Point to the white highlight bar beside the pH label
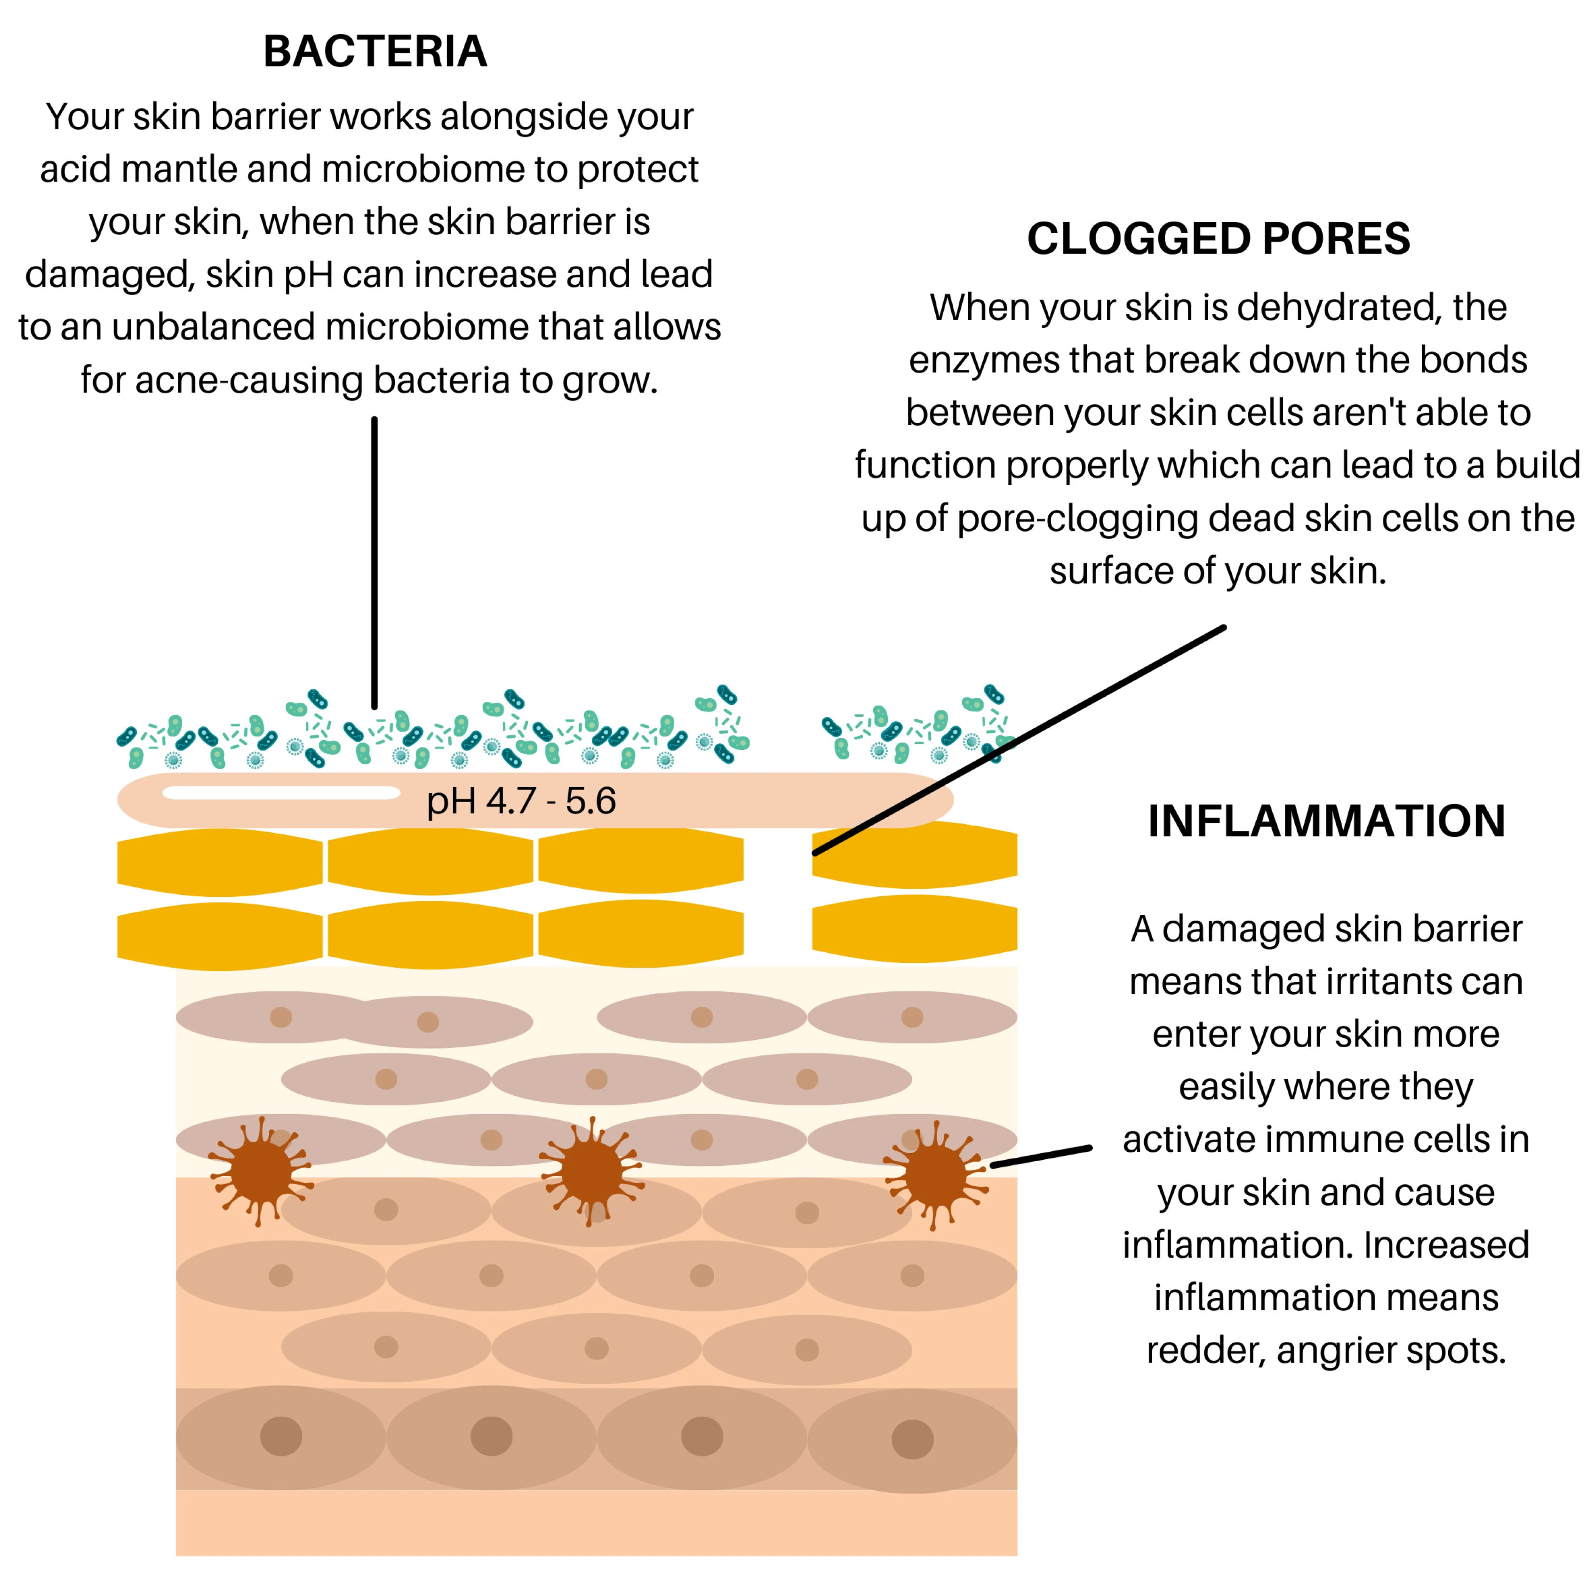(281, 793)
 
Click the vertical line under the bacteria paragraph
(375, 563)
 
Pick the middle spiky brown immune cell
(591, 1172)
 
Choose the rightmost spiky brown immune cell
(936, 1175)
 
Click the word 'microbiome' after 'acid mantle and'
(422, 169)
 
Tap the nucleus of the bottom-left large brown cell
(281, 1437)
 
